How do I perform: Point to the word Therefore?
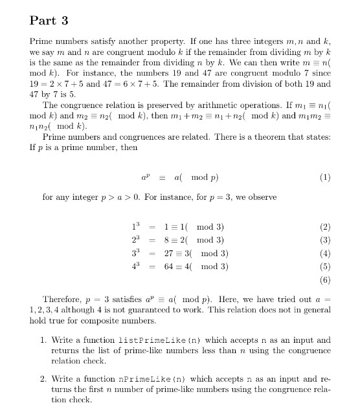62,299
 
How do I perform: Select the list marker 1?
42,340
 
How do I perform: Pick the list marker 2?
42,377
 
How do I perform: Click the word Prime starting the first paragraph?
41,40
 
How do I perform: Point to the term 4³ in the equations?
135,266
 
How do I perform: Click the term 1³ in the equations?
135,227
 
